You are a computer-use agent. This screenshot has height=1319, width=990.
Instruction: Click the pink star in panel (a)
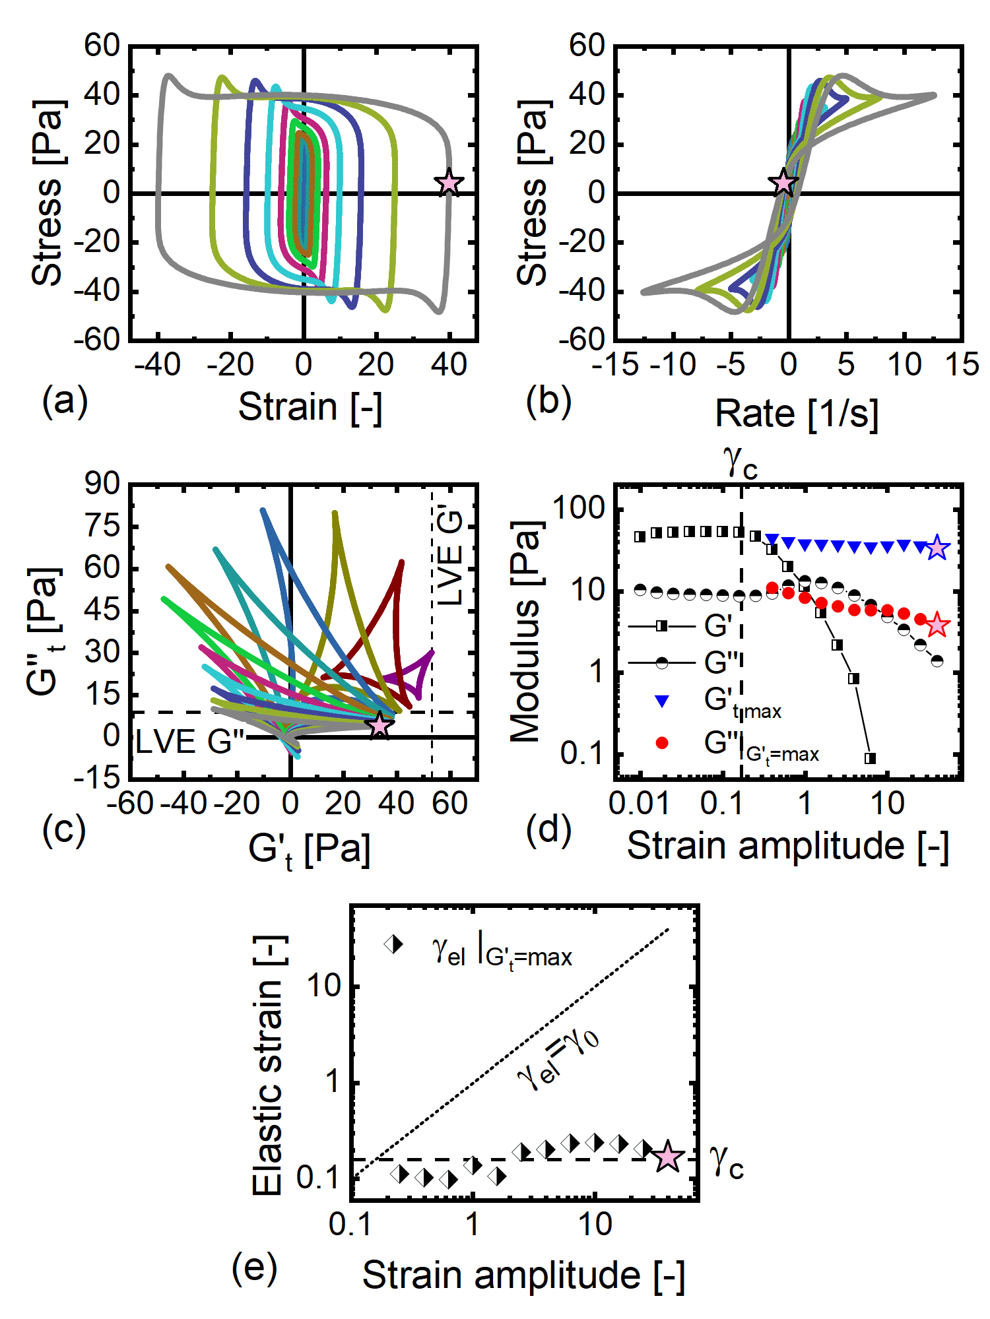tap(449, 182)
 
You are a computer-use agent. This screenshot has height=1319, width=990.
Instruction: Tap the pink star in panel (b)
tap(783, 182)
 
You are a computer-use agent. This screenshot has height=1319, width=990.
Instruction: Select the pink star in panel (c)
tap(379, 725)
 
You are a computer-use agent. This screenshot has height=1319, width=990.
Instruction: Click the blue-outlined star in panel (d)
tap(937, 548)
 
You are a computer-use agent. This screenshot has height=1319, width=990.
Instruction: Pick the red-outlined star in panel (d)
tap(937, 624)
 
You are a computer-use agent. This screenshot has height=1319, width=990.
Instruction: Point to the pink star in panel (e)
tap(668, 1157)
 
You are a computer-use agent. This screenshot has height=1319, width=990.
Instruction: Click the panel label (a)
tap(65, 401)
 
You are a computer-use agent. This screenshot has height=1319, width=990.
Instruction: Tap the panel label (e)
tap(254, 1268)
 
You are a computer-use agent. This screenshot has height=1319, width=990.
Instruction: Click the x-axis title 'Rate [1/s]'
tap(797, 414)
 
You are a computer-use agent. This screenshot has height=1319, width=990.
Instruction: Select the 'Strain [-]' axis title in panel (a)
tap(310, 406)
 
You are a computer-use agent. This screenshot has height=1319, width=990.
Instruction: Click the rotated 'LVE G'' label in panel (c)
tap(451, 556)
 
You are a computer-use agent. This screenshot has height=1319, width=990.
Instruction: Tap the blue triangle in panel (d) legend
tap(662, 701)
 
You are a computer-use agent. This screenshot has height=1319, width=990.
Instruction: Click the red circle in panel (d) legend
tap(662, 744)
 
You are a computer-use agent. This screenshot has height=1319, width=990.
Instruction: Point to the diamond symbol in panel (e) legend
tap(394, 944)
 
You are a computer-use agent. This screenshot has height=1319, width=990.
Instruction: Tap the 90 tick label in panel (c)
tap(102, 484)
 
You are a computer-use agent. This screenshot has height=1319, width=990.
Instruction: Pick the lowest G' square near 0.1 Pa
tap(871, 758)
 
